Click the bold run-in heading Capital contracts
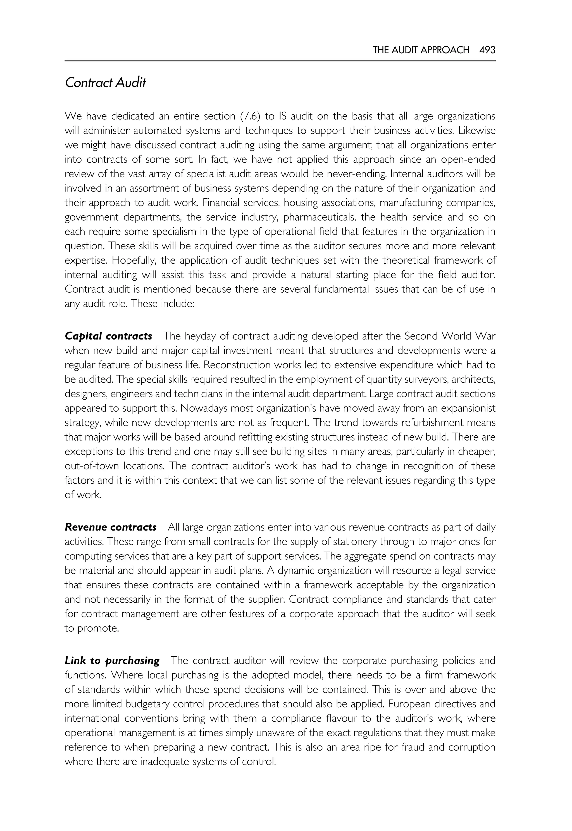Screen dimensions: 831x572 tap(108, 336)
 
